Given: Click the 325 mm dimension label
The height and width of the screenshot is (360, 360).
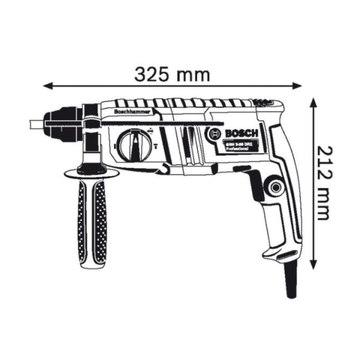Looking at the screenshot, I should coord(172,75).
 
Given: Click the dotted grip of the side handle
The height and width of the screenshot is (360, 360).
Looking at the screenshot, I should coord(92,222).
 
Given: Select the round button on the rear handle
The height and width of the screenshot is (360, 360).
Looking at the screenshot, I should coord(275,186).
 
